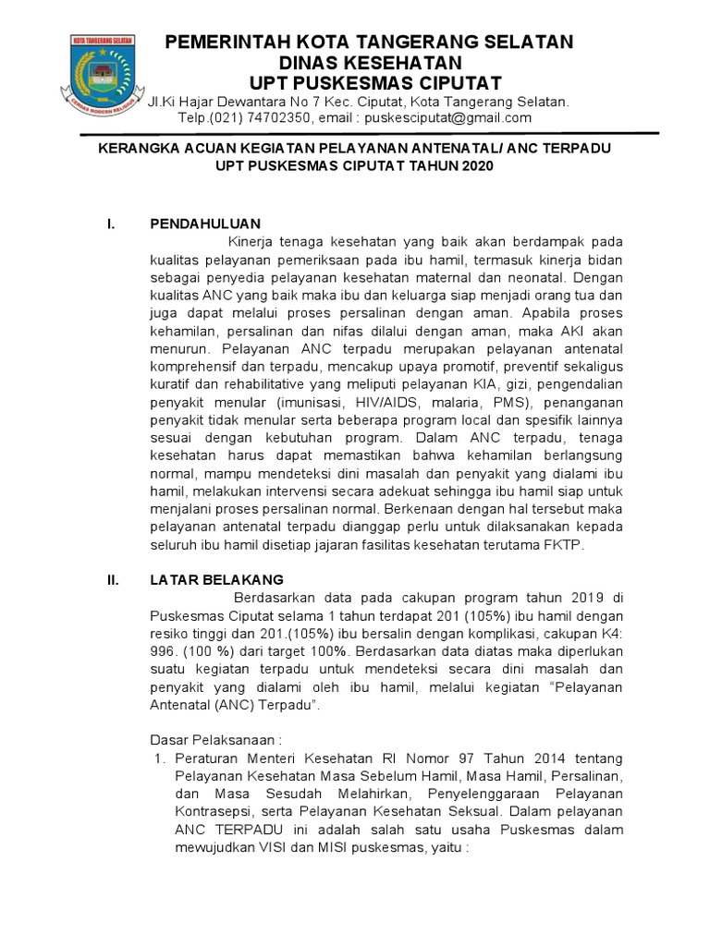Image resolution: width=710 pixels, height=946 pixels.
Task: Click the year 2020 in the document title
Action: [477, 166]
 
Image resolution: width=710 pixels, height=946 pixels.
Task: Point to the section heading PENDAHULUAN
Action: [205, 224]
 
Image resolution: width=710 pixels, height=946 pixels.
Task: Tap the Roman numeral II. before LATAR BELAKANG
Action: [114, 579]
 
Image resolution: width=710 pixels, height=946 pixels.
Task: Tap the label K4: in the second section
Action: [609, 634]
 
